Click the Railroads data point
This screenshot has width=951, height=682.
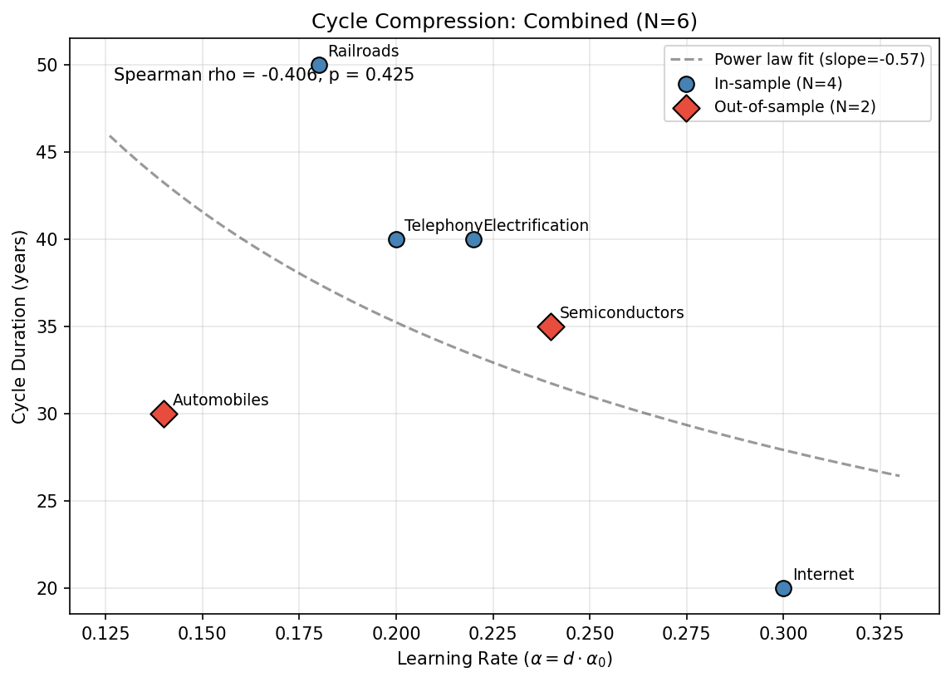(x=319, y=65)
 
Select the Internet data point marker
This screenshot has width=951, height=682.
(x=783, y=588)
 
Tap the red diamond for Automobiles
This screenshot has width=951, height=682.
(x=164, y=414)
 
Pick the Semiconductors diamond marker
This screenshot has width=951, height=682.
(x=551, y=326)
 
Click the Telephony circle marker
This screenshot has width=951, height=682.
(x=396, y=239)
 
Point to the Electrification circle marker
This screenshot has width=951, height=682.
(x=473, y=239)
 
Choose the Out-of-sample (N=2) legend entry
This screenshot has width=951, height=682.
(x=794, y=106)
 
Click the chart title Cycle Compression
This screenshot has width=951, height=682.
(x=504, y=22)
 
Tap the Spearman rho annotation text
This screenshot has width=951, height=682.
(x=263, y=76)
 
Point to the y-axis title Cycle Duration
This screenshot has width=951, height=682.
(x=19, y=326)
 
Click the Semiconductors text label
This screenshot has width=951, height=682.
(x=621, y=313)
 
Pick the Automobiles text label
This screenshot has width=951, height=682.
(x=220, y=400)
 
